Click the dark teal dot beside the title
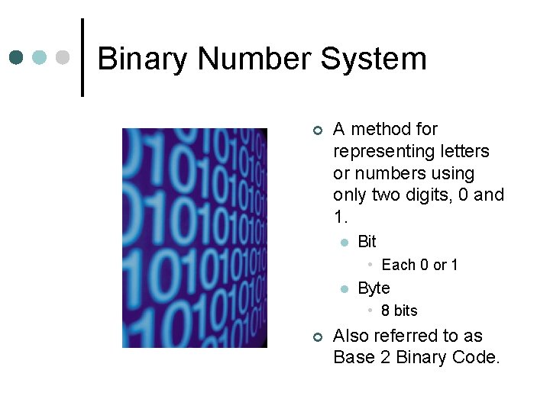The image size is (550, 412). (x=17, y=58)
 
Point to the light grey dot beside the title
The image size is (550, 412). (x=64, y=58)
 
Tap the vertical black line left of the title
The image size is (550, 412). (x=82, y=58)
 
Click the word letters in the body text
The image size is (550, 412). (x=462, y=151)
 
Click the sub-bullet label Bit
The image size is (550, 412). (x=367, y=242)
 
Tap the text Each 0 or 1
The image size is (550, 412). (x=419, y=265)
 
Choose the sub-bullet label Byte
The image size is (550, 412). (x=374, y=288)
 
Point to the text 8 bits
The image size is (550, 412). (x=400, y=311)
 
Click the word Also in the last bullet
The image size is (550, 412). (x=352, y=336)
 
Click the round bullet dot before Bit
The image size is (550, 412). (x=344, y=243)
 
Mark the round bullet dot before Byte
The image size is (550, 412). (x=344, y=289)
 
